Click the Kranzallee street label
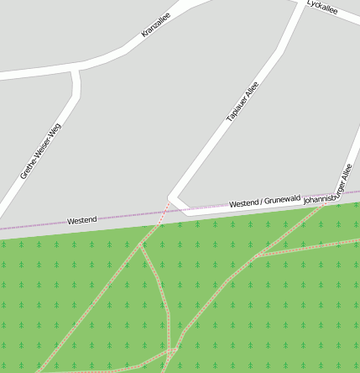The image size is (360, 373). pyautogui.click(x=156, y=29)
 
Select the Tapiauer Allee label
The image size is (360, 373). pyautogui.click(x=243, y=102)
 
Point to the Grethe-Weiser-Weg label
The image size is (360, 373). pyautogui.click(x=40, y=152)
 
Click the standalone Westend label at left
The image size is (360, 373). pyautogui.click(x=81, y=220)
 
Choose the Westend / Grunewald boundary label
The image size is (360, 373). pyautogui.click(x=264, y=202)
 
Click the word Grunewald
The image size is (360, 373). pyautogui.click(x=283, y=200)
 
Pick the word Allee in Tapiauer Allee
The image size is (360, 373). pyautogui.click(x=252, y=89)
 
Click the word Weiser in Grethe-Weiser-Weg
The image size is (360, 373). pyautogui.click(x=39, y=155)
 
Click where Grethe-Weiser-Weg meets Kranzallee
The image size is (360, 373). pyautogui.click(x=75, y=68)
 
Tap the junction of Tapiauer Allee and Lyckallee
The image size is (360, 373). pyautogui.click(x=302, y=4)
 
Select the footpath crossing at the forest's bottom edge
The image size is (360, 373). pyautogui.click(x=171, y=349)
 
